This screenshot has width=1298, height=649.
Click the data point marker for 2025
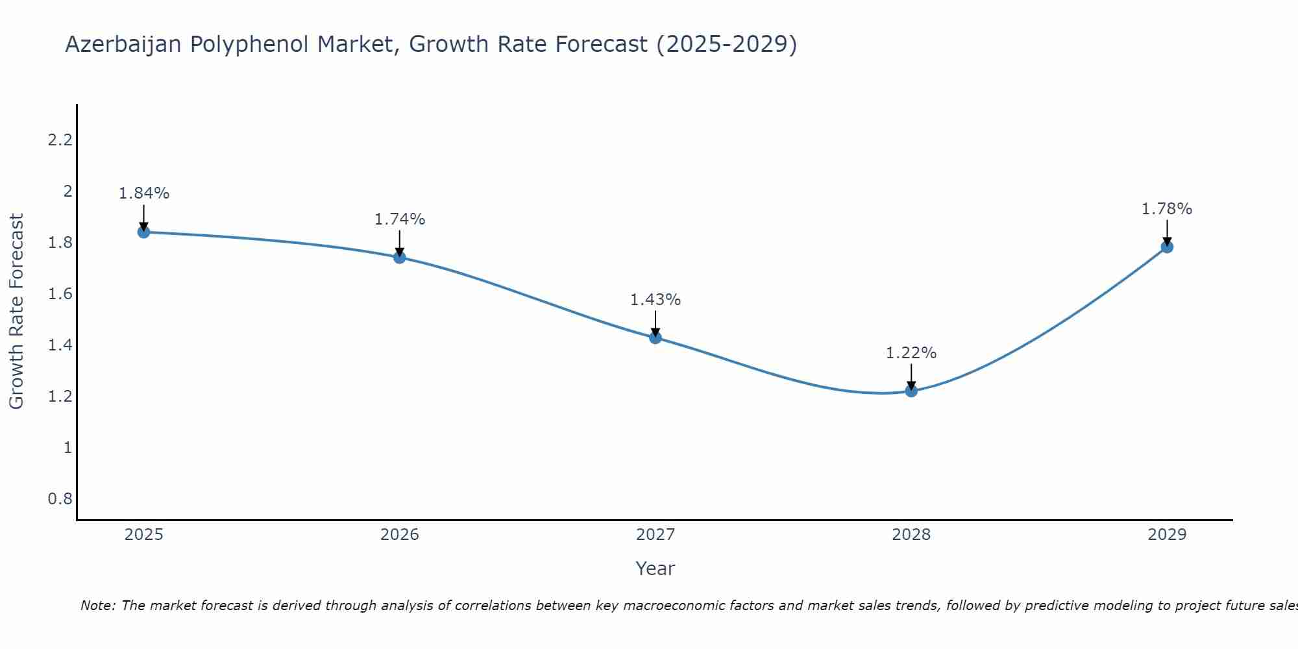coord(143,232)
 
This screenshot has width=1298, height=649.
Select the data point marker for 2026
coord(399,257)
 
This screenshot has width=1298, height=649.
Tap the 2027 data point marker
coord(655,337)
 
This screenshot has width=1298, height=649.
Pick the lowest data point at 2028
coord(911,391)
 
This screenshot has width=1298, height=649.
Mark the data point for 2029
coord(1166,247)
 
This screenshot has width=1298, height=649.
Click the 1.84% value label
coord(143,193)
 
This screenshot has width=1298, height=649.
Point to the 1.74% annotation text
coord(399,219)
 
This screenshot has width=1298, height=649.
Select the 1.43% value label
coord(655,300)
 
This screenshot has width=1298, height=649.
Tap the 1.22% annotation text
coord(911,353)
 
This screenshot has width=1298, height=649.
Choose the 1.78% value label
coord(1166,209)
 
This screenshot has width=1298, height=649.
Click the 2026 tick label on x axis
coord(399,535)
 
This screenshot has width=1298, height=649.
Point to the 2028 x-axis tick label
coord(911,535)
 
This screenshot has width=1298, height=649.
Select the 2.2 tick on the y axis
coord(60,140)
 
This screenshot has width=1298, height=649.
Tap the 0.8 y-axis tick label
coord(60,498)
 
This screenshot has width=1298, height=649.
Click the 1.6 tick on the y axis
coord(60,293)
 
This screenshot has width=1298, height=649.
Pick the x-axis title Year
coord(655,569)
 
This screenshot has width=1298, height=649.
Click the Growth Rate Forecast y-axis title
coord(16,312)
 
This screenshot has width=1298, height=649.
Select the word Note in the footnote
coord(97,606)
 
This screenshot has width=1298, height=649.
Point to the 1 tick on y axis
coord(67,447)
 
